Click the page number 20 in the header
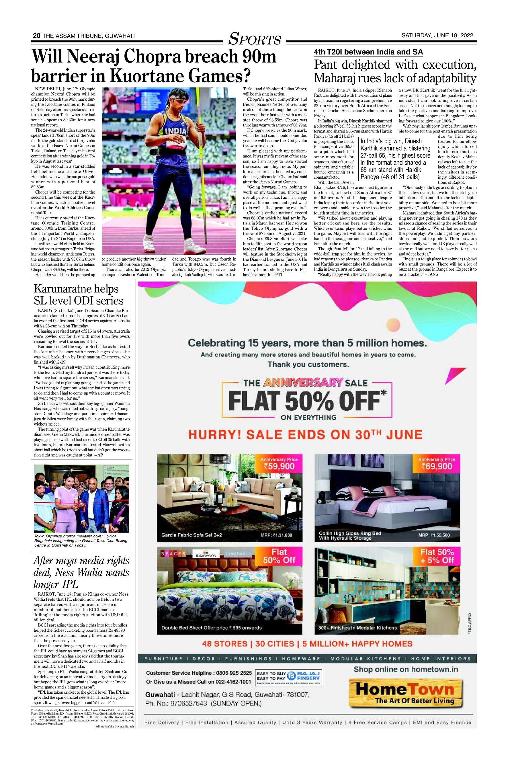36,36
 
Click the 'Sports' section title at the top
255,39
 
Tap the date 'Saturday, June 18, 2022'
437,36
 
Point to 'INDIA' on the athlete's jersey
176,131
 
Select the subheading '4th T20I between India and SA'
368,52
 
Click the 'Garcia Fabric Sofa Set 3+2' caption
192,535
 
